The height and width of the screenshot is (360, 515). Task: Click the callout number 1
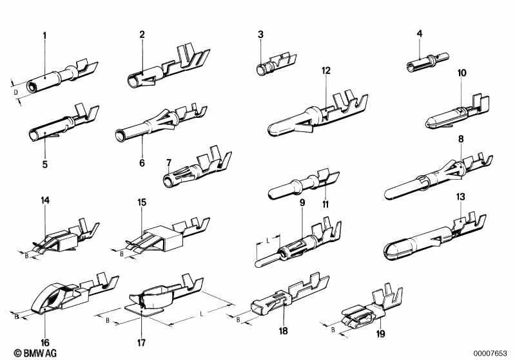[44, 35]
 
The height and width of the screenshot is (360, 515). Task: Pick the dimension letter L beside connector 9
[267, 240]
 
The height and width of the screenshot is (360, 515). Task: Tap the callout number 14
[45, 202]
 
